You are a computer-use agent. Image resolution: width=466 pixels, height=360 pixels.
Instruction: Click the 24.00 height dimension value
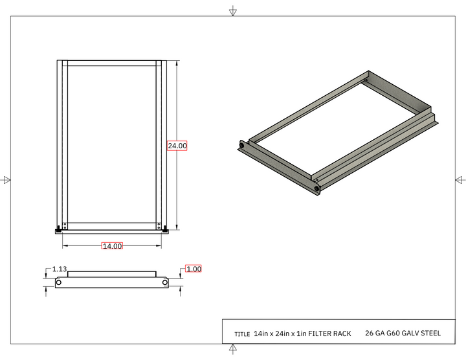click(177, 146)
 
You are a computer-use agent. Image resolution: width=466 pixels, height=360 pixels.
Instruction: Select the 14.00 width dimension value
click(112, 246)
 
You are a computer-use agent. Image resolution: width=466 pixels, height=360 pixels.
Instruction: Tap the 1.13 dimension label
click(60, 269)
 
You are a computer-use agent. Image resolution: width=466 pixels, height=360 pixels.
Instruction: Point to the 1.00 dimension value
click(194, 269)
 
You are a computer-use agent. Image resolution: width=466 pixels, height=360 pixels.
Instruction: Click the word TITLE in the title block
click(242, 335)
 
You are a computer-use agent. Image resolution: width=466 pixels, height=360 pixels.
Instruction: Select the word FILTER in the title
click(321, 334)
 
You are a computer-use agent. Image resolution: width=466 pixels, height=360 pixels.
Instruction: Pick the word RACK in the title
click(343, 334)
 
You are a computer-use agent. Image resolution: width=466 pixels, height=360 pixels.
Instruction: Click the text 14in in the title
click(261, 334)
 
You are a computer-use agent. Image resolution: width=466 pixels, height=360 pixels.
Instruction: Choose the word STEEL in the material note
click(429, 334)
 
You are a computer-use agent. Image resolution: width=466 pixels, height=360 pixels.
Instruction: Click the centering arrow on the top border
click(232, 11)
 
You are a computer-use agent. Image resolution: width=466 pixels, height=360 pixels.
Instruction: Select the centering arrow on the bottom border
click(232, 350)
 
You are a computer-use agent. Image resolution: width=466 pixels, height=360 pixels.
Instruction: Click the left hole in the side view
click(59, 283)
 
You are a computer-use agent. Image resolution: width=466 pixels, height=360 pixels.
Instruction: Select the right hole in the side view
click(165, 283)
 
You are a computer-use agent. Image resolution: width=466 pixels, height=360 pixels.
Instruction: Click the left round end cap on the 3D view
click(242, 146)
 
